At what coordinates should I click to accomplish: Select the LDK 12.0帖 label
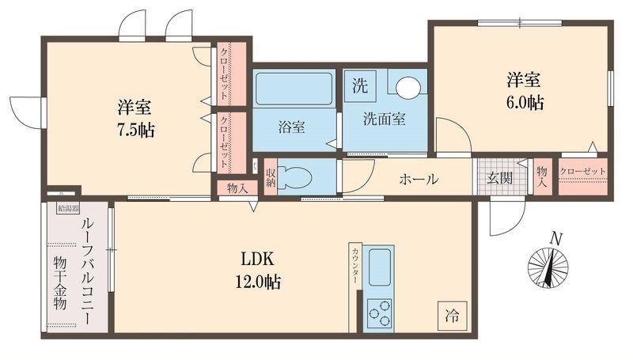[x=260, y=269]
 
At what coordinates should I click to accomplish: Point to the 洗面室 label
[x=385, y=119]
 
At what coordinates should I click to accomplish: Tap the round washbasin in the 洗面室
[x=407, y=86]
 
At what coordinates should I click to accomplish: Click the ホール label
[x=419, y=180]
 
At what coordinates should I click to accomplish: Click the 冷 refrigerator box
[x=449, y=313]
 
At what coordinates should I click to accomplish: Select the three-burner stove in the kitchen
[x=381, y=313]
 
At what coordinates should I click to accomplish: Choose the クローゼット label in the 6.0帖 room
[x=582, y=172]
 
